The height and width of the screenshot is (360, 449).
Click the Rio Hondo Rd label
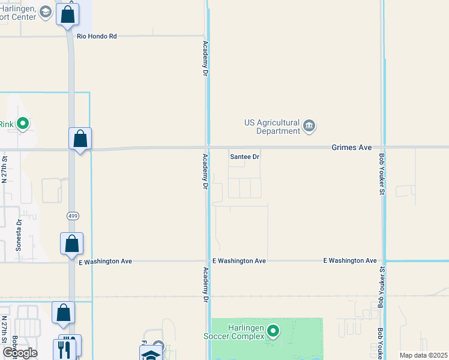(x=96, y=37)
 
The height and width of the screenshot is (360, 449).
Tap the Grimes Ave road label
(x=352, y=147)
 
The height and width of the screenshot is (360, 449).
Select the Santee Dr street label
(x=244, y=157)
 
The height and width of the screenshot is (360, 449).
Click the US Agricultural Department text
(x=272, y=127)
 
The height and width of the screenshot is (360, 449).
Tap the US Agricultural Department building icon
(x=310, y=125)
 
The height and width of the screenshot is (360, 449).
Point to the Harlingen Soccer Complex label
(x=246, y=332)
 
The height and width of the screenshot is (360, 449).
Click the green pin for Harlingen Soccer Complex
(x=274, y=331)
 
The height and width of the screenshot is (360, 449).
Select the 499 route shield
(x=71, y=215)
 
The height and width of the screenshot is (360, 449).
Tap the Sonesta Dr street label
(x=19, y=235)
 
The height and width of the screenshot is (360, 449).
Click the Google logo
(x=20, y=353)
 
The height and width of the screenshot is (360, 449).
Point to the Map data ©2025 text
(x=423, y=355)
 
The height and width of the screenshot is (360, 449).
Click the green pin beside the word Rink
(x=23, y=124)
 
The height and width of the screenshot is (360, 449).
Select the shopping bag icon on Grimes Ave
(x=80, y=139)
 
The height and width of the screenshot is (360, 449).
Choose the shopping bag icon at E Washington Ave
(x=71, y=244)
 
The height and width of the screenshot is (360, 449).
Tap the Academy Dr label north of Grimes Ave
(x=205, y=58)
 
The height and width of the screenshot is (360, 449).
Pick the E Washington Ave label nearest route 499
(x=105, y=262)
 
